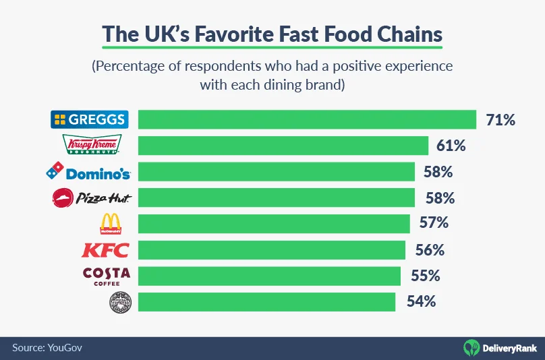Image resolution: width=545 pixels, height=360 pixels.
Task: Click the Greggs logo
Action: pyautogui.click(x=89, y=120)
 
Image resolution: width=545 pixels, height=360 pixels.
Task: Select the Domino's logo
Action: pyautogui.click(x=88, y=172)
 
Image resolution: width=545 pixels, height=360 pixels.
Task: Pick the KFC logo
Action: pyautogui.click(x=105, y=250)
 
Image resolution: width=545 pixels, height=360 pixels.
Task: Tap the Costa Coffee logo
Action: pyautogui.click(x=106, y=276)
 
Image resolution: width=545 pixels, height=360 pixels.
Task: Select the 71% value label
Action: pyautogui.click(x=500, y=120)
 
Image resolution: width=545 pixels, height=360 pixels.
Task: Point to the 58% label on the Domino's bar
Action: pyautogui.click(x=438, y=172)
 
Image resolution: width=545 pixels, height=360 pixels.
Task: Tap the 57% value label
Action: pyautogui.click(x=434, y=223)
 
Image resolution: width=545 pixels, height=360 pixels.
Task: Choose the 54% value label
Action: pyautogui.click(x=421, y=302)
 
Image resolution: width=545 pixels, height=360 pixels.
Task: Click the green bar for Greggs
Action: pyautogui.click(x=307, y=120)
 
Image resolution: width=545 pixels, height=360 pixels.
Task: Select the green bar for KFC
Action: pyautogui.click(x=271, y=250)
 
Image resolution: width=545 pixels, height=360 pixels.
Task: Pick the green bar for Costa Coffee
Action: pyautogui.click(x=269, y=276)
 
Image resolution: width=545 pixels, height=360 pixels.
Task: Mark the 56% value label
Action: pyautogui.click(x=430, y=250)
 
